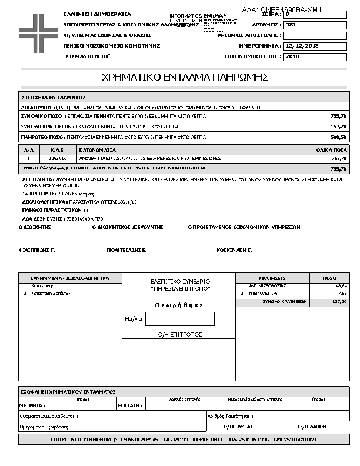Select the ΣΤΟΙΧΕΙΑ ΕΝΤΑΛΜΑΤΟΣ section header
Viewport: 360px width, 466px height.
(54, 97)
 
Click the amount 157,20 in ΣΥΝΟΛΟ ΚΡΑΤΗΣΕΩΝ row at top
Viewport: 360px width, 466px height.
(339, 127)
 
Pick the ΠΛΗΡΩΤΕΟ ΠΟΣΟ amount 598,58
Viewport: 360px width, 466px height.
(339, 137)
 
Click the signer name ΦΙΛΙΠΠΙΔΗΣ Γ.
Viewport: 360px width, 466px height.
(36, 250)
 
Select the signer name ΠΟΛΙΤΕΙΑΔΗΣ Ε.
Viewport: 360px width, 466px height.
(126, 250)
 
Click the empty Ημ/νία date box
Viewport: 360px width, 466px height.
(179, 319)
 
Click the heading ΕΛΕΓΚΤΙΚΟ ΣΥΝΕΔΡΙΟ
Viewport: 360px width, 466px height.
(180, 281)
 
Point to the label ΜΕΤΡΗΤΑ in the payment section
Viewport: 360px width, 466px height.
(32, 405)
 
